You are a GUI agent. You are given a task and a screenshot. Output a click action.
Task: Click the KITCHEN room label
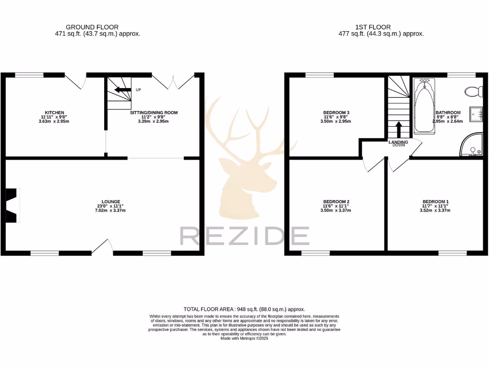coord(53,112)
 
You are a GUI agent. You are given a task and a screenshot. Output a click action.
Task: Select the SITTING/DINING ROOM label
coord(154,113)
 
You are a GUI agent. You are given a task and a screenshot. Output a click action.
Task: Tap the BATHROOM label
coord(447,113)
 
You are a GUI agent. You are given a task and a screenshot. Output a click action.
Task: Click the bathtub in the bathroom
coord(424,106)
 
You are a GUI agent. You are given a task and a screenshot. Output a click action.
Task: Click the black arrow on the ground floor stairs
coord(123,90)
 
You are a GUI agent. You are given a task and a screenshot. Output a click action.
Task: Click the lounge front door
coord(102,247)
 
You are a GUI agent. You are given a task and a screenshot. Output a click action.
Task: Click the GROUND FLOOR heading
coord(92,27)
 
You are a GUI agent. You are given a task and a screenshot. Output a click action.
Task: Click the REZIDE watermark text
coord(244,236)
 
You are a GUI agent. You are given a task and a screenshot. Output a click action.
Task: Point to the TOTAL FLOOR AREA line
coord(244,309)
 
